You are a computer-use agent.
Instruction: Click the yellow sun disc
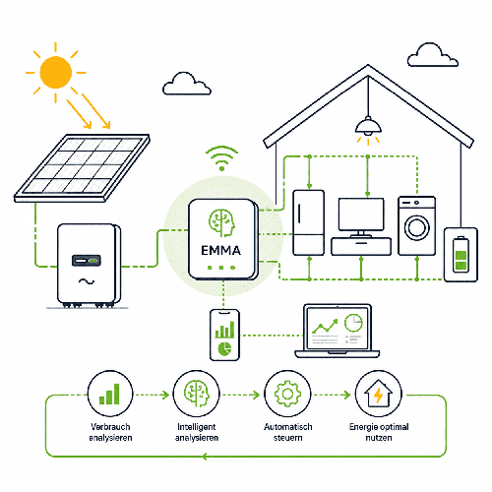pos(56,72)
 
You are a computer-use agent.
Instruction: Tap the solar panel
pos(82,168)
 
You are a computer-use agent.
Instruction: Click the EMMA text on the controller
pos(220,251)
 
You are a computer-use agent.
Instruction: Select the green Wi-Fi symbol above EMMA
pos(221,158)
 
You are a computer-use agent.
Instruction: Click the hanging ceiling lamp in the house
pos(368,126)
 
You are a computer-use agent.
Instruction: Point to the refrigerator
pos(308,222)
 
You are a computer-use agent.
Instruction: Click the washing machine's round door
pos(417,227)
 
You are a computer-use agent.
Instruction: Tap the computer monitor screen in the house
pos(361,215)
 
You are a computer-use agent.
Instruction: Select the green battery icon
pos(461,255)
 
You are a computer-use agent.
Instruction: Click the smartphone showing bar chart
pos(224,335)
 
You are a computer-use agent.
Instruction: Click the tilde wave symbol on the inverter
pos(87,281)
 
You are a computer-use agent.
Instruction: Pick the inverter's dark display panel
pos(87,261)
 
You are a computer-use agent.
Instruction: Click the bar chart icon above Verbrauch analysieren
pos(109,394)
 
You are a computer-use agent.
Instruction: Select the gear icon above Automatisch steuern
pos(287,394)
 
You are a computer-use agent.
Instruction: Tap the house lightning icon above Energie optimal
pos(379,394)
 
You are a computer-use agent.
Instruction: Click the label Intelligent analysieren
pos(197,432)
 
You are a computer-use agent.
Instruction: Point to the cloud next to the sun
pos(187,85)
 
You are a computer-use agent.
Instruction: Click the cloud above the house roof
pos(432,55)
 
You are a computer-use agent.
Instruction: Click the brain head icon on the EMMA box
pos(222,223)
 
